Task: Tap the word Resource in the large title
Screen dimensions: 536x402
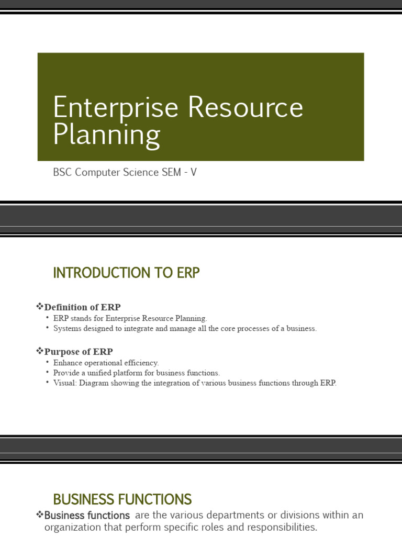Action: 245,108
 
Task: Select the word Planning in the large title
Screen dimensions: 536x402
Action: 106,135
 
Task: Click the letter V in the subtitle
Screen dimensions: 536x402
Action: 194,172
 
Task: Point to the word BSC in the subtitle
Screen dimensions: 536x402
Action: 63,172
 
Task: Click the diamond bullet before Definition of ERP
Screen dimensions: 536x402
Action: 39,306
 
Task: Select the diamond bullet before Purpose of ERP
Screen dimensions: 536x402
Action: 39,351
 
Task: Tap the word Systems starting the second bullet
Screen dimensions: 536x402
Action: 66,329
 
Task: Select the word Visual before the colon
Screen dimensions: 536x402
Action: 64,383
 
